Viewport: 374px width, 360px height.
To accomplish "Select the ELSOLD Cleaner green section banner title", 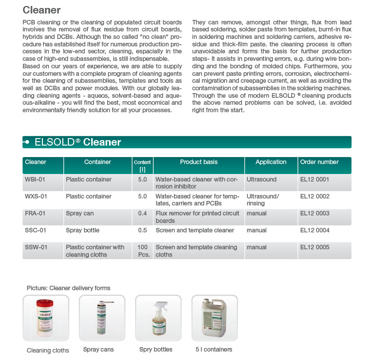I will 78,142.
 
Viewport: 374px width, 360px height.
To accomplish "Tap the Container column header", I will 98,162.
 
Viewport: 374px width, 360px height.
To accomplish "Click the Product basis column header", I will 198,162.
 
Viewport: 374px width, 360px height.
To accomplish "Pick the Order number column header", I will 319,162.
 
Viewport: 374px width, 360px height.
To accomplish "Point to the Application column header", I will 271,162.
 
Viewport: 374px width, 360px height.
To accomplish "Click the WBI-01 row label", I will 35,180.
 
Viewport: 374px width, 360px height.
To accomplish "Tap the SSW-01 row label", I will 36,247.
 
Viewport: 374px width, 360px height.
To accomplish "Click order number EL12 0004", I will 315,230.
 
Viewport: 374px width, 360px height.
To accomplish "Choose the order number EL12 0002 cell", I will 315,196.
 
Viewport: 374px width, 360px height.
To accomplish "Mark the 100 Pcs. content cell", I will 142,251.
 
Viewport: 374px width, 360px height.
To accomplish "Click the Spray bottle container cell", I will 83,230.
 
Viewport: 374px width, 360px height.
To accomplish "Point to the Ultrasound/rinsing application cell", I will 263,200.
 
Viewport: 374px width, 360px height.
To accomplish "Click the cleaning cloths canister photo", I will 47,318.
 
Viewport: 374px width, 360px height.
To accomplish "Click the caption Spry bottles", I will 156,350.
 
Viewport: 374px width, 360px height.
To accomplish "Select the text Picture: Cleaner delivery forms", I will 68,288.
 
